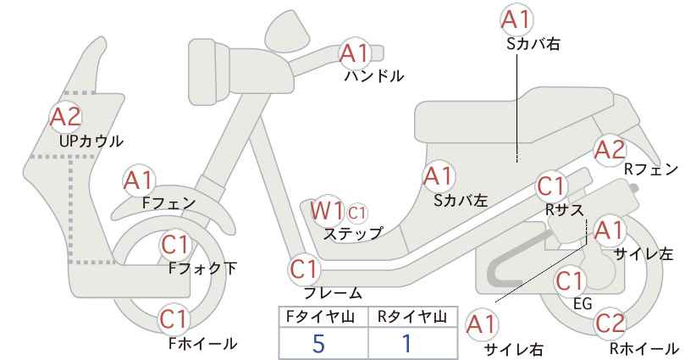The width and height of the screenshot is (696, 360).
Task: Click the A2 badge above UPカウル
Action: point(66,117)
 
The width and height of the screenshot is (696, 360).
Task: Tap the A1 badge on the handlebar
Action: point(355,53)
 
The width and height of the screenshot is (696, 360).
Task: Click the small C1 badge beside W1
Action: point(356,213)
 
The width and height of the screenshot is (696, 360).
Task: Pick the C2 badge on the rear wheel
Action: point(610,324)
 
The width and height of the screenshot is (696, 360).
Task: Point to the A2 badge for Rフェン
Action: point(610,150)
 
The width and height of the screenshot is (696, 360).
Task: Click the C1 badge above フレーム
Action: point(305,269)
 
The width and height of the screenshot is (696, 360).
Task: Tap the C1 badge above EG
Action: point(570,281)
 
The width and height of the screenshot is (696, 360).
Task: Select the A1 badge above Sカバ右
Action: point(516,20)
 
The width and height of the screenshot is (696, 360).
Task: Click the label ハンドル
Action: point(374,76)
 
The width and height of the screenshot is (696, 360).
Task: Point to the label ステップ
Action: point(352,234)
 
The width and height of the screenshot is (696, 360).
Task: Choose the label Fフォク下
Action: point(203,269)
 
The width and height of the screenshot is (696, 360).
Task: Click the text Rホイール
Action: point(644,348)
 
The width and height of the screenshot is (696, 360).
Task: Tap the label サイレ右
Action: point(514,349)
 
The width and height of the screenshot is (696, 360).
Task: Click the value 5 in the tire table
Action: point(318,343)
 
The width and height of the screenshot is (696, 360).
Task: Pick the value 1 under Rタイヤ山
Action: point(406,343)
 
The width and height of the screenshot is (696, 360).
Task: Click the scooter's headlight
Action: point(209,72)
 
